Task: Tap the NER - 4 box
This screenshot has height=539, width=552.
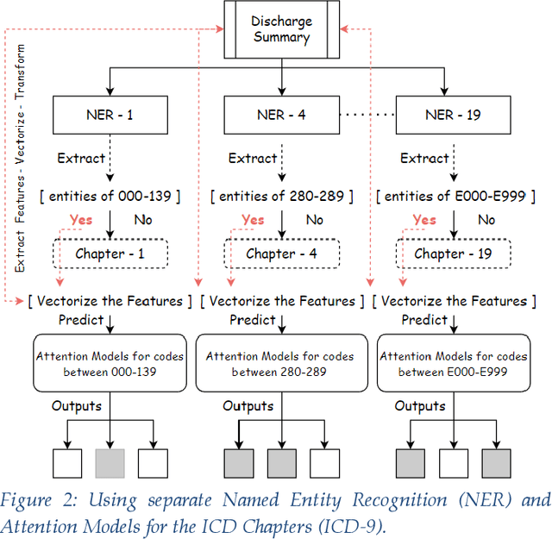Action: coord(282,115)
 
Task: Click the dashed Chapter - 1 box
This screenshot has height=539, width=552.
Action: coord(110,254)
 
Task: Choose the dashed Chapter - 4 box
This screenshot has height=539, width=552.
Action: coord(281,254)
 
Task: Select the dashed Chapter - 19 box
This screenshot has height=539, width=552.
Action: coord(451,254)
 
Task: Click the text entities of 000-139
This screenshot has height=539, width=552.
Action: coord(110,197)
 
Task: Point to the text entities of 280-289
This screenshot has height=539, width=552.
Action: coord(281,197)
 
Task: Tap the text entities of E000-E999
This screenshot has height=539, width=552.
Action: coord(451,197)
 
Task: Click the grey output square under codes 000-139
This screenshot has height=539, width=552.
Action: coord(110,463)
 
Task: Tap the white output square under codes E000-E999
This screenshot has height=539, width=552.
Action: coord(454,463)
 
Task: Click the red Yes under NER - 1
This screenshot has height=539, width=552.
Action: coord(83,220)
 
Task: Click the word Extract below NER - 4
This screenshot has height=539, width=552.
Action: coord(253,158)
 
